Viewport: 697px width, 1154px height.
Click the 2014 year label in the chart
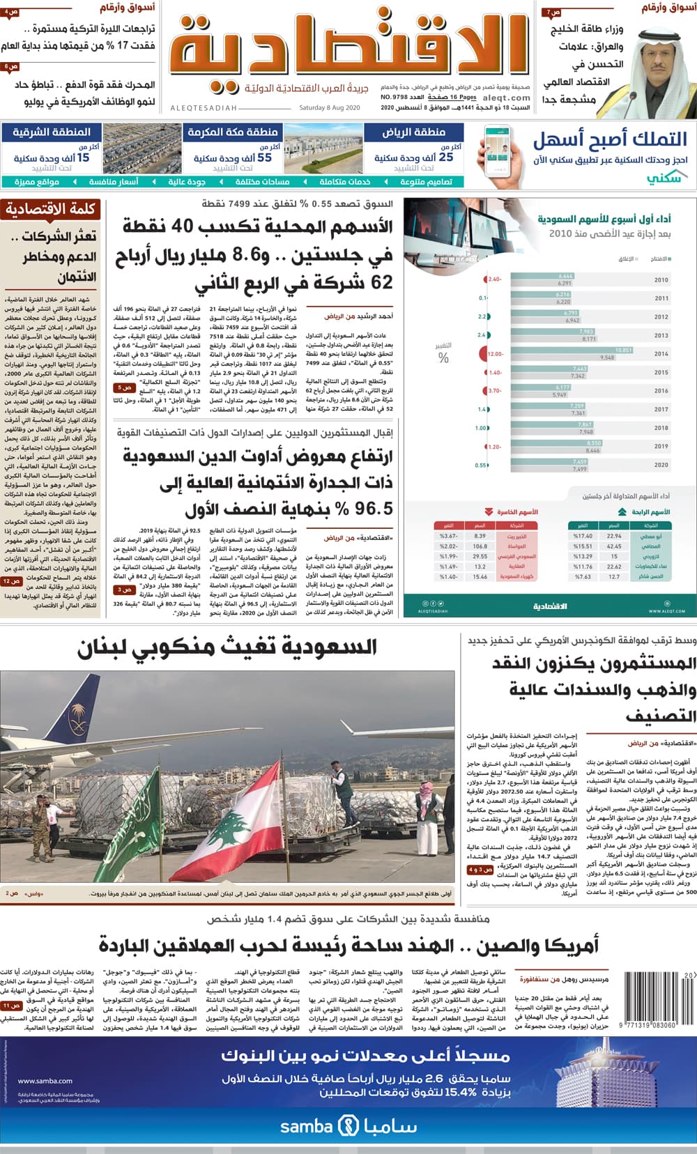click(661, 354)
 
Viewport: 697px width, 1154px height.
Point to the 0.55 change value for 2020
click(481, 465)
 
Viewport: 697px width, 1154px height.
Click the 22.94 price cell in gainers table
click(613, 536)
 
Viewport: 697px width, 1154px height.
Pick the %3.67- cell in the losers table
click(448, 536)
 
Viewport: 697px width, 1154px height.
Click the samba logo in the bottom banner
click(348, 1126)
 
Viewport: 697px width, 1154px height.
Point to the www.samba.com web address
click(45, 1081)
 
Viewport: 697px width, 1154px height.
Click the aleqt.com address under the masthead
click(506, 98)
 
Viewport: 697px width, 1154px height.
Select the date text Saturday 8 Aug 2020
click(329, 108)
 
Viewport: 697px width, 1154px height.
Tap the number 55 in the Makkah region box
click(264, 157)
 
